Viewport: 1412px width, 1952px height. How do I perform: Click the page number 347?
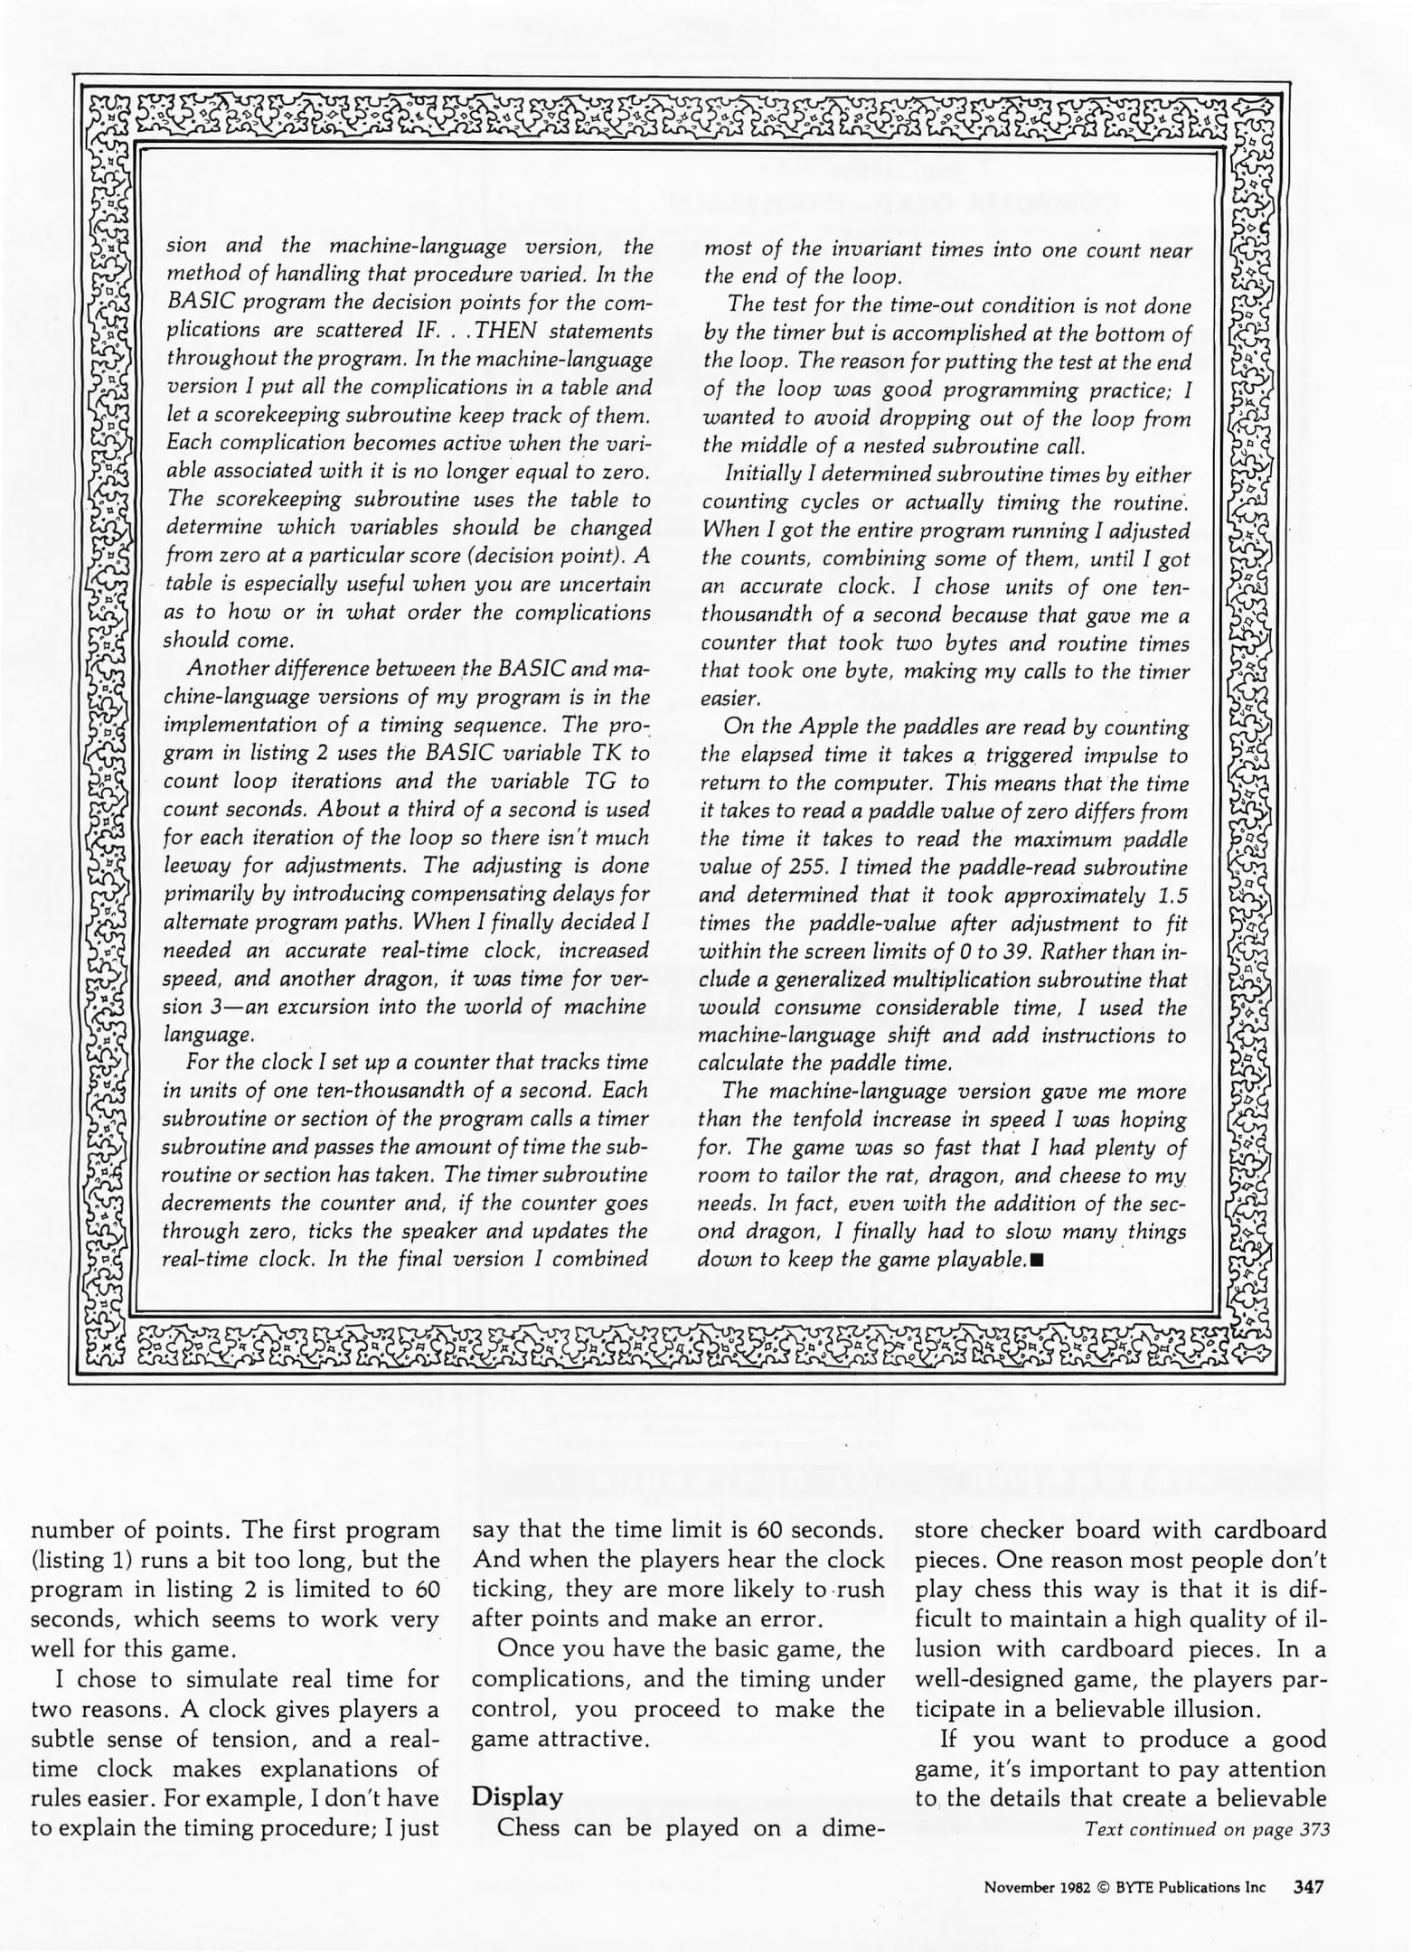[x=1308, y=1886]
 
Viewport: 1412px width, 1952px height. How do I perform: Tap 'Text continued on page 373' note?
[x=1207, y=1830]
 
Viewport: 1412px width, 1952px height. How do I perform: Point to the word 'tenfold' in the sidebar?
[x=824, y=1120]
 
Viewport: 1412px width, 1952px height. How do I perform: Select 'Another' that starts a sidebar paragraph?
[x=225, y=669]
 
